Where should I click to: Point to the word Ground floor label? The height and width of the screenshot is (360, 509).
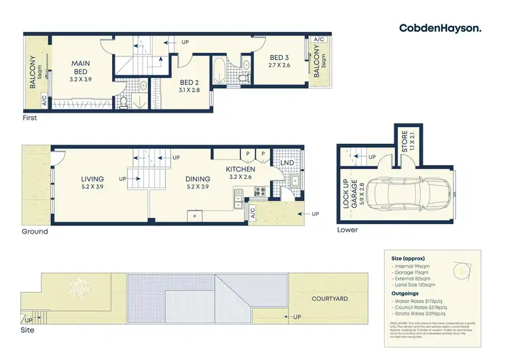34,231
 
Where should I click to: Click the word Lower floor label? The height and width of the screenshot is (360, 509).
347,230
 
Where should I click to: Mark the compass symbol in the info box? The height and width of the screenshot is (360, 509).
461,270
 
